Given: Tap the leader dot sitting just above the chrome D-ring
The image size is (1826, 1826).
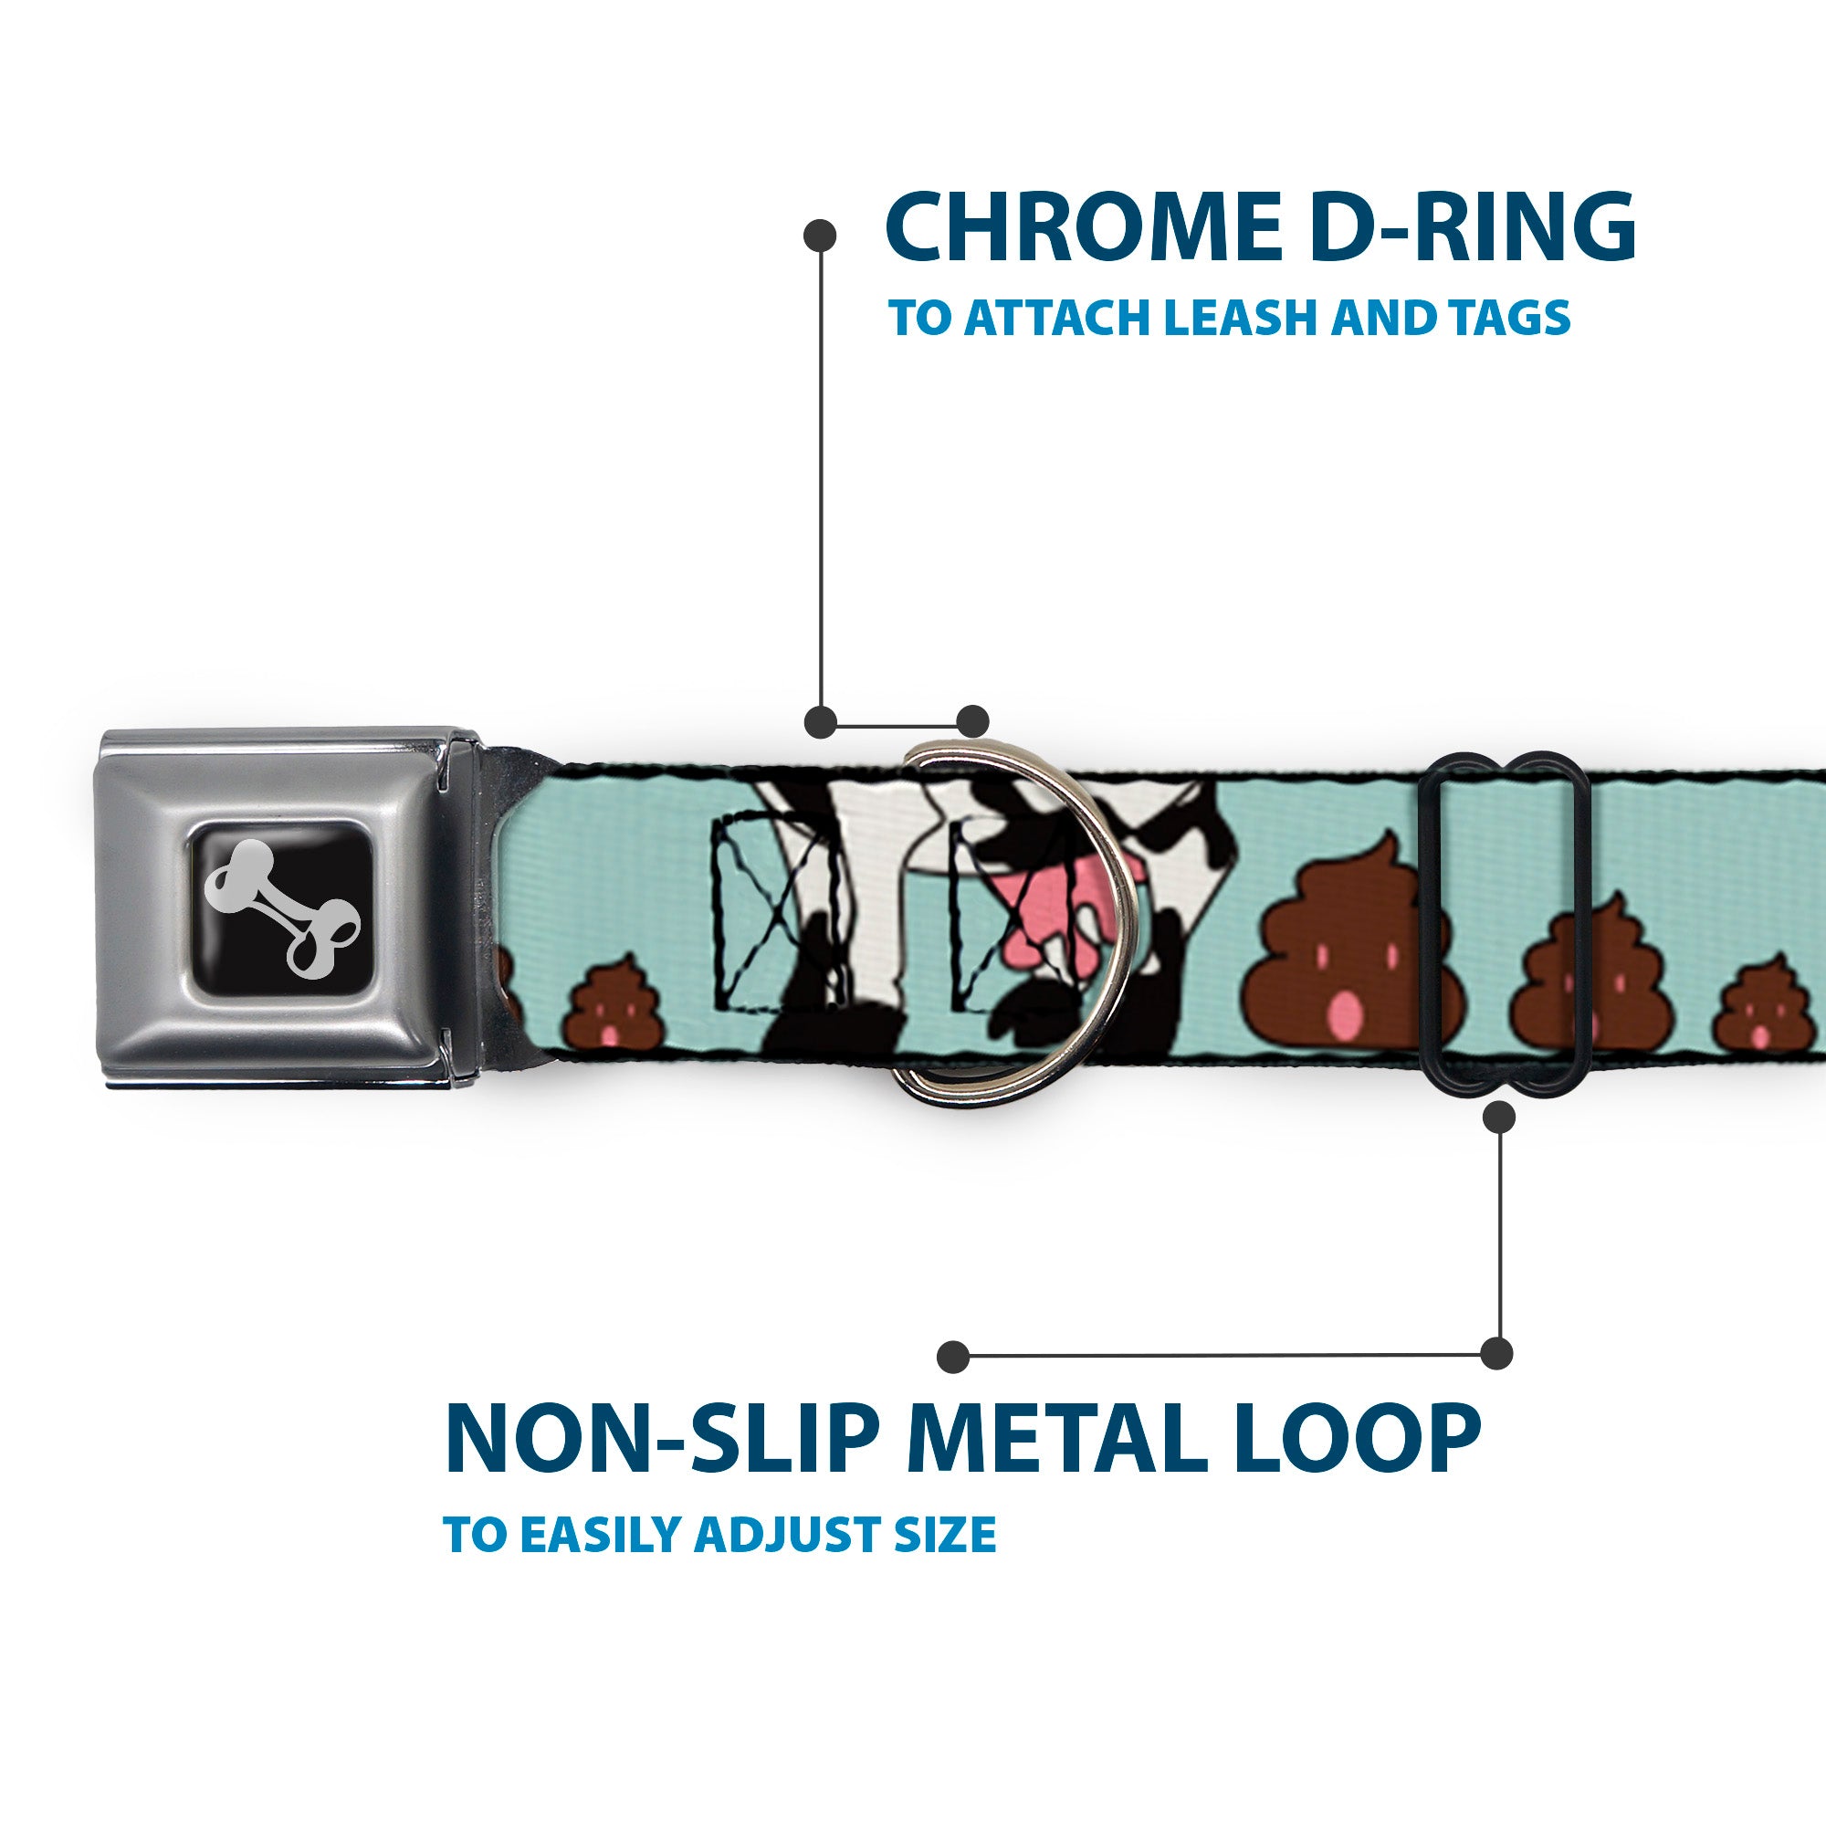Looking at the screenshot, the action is [972, 721].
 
